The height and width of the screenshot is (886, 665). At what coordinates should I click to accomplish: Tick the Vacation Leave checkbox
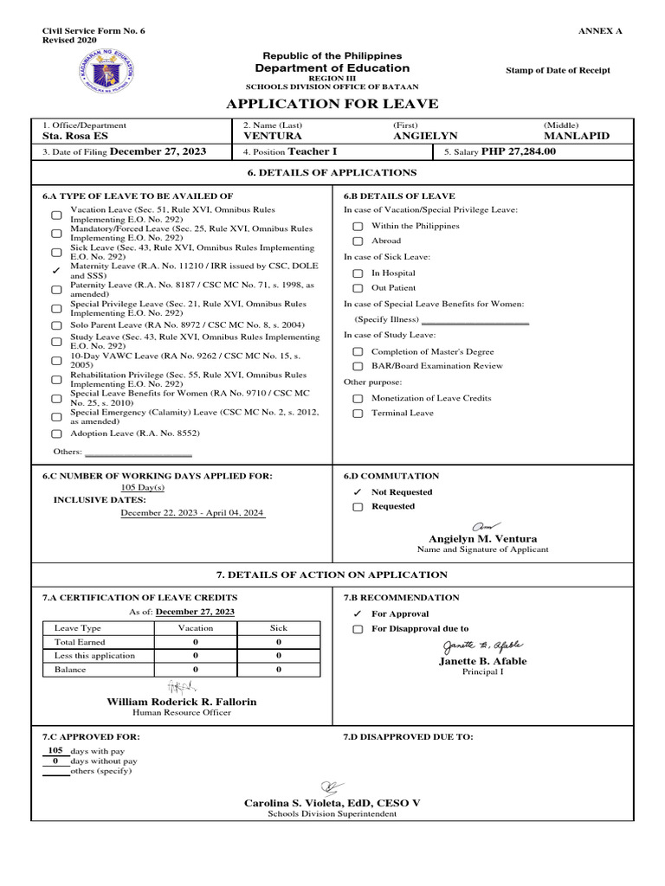click(x=56, y=215)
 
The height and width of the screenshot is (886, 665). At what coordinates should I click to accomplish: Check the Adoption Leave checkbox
click(x=56, y=433)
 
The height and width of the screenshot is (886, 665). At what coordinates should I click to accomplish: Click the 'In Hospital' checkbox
click(x=357, y=273)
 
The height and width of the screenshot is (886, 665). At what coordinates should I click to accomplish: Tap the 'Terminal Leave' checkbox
click(x=357, y=414)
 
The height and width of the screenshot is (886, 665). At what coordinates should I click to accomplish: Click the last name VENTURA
click(x=273, y=137)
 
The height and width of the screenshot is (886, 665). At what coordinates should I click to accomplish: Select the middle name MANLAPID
click(x=576, y=137)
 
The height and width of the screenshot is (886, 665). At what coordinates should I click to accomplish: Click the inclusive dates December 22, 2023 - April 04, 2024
click(x=192, y=513)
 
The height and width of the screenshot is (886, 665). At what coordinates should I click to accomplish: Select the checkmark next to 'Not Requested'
click(x=357, y=492)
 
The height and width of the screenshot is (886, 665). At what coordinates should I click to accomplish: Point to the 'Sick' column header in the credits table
click(x=278, y=628)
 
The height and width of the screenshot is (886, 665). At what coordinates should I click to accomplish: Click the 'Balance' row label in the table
click(x=70, y=670)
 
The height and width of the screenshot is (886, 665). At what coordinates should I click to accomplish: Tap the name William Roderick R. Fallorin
click(x=181, y=702)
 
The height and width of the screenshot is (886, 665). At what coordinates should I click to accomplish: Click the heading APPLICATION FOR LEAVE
click(x=332, y=105)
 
